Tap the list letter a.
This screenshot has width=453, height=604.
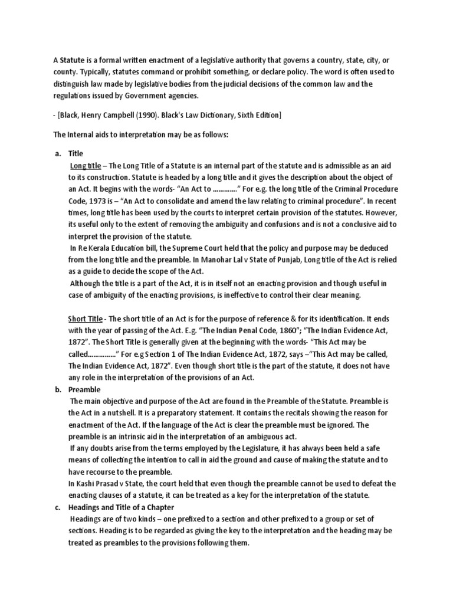(x=58, y=153)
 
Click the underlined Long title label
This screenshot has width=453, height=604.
(x=86, y=165)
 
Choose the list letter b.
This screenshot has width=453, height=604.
(x=58, y=390)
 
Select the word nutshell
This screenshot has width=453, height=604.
(x=137, y=413)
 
